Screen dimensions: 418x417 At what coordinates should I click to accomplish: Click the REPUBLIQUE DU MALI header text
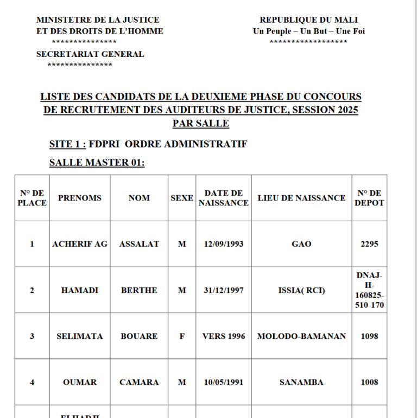(308, 20)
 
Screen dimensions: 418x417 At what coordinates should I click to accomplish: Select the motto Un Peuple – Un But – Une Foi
(308, 31)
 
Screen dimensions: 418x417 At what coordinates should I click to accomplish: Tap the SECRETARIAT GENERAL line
(90, 54)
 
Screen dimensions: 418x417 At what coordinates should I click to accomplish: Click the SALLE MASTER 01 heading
(97, 163)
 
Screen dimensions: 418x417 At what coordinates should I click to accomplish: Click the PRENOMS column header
(80, 198)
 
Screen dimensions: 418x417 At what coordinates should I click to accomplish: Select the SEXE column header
(182, 198)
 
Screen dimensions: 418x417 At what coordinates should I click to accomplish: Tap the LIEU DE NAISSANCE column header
(301, 198)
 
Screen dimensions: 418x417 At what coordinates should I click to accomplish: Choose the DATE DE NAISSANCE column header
(224, 198)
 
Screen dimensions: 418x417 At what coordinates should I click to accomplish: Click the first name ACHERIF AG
(80, 244)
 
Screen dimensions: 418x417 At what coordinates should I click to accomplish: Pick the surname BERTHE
(139, 290)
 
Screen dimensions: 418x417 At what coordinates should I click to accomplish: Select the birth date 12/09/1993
(224, 244)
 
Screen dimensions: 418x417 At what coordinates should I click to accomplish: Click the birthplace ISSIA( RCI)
(301, 290)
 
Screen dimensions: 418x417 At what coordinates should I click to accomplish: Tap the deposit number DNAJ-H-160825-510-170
(370, 290)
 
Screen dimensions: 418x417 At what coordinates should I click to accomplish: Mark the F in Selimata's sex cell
(182, 336)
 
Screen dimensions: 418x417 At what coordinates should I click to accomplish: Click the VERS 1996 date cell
(224, 336)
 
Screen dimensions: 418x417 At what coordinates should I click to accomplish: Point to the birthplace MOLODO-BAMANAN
(301, 336)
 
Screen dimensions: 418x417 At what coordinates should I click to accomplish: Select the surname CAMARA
(139, 382)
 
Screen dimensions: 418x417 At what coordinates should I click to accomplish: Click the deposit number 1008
(370, 382)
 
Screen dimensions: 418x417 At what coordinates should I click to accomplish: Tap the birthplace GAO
(301, 244)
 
